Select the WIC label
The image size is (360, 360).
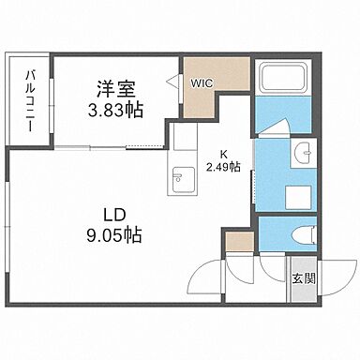202,82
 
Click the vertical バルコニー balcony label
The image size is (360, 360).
30,100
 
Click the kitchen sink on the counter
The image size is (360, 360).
179,175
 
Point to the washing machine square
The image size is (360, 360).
298,197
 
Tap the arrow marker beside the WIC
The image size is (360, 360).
173,82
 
